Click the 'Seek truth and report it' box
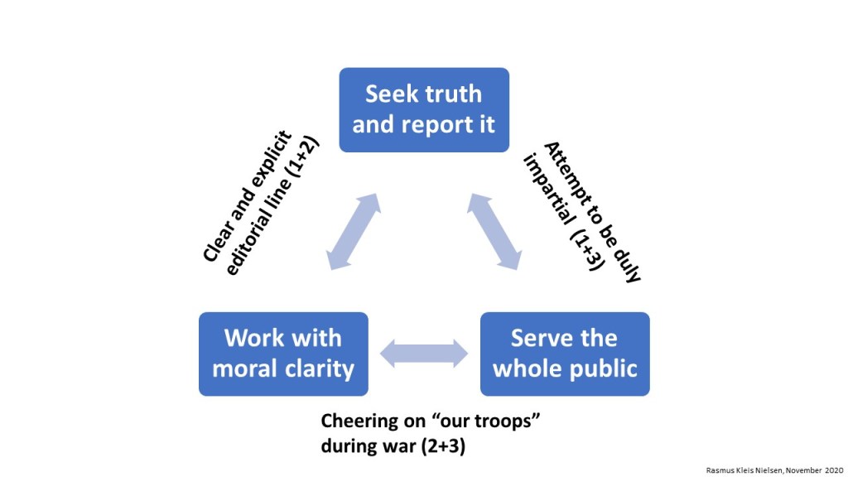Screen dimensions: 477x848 click(x=424, y=109)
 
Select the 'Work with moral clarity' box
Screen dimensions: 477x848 click(x=283, y=354)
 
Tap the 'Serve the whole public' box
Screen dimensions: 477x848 click(x=565, y=354)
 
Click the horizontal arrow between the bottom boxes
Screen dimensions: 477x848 click(x=424, y=354)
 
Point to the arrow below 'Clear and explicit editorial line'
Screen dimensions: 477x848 click(x=353, y=232)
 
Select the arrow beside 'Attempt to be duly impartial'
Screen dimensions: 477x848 click(x=495, y=232)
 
